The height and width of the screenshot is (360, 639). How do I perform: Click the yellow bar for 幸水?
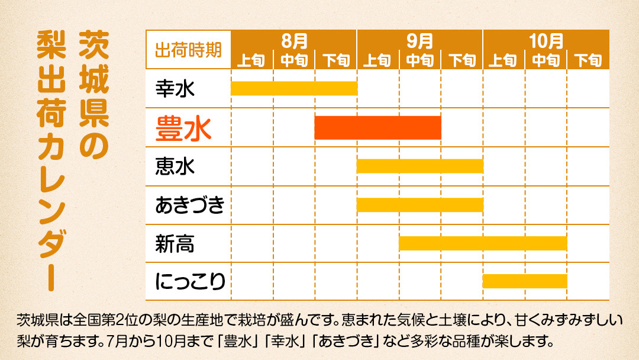pos(294,88)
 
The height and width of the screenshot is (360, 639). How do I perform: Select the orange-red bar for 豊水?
pos(377,127)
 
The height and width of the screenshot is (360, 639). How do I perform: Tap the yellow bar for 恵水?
pos(420,166)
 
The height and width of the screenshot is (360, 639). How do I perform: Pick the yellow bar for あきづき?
pos(420,205)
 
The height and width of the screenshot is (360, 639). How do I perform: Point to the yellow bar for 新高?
pos(483,243)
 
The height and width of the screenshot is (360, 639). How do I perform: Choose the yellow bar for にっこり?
pos(525,281)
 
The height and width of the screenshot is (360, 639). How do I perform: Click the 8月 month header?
pos(294,41)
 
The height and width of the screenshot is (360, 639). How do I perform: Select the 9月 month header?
pos(420,41)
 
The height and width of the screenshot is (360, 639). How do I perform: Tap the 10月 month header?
pos(546,41)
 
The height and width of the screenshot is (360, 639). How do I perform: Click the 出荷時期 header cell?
pos(188,50)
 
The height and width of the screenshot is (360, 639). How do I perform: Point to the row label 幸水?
pos(175,89)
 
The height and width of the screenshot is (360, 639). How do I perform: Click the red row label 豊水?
pos(183,127)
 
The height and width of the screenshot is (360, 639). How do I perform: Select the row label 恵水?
pos(175,166)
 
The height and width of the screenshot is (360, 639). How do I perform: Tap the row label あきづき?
pos(190,205)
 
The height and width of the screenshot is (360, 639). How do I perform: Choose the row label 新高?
pos(175,243)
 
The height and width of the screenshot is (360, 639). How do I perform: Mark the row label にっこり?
pos(190,281)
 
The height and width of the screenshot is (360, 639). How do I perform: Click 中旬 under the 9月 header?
pos(420,60)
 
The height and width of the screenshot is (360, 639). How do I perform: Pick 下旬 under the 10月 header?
pos(588,60)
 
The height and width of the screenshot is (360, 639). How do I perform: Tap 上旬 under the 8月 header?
pos(252,60)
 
